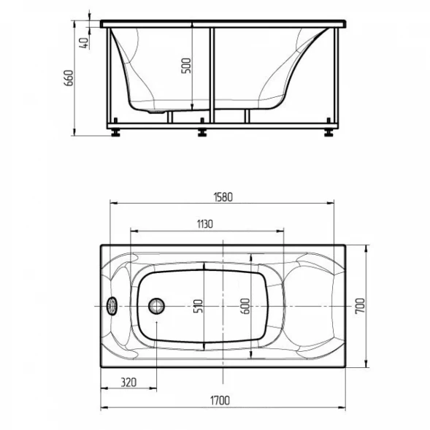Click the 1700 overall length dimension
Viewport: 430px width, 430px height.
click(x=220, y=401)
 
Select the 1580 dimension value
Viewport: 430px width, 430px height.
click(x=223, y=197)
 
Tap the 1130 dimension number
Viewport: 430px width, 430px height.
click(x=205, y=224)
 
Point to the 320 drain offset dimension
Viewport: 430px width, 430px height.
click(x=128, y=382)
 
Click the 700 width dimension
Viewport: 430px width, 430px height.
click(x=360, y=306)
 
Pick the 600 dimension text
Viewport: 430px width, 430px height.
click(x=246, y=306)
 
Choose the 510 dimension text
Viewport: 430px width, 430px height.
click(x=199, y=307)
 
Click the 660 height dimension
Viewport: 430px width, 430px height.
click(x=69, y=78)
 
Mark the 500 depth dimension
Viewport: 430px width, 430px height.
click(x=186, y=66)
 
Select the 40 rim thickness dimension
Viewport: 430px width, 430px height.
click(x=84, y=43)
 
